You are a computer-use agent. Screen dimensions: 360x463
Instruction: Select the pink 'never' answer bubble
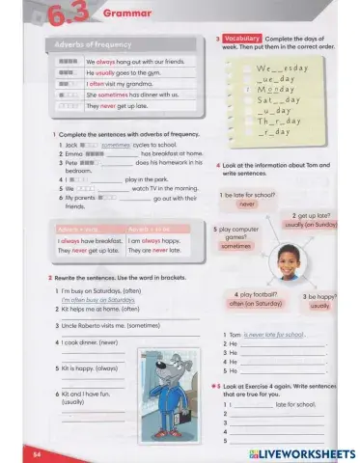[x=247, y=204]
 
